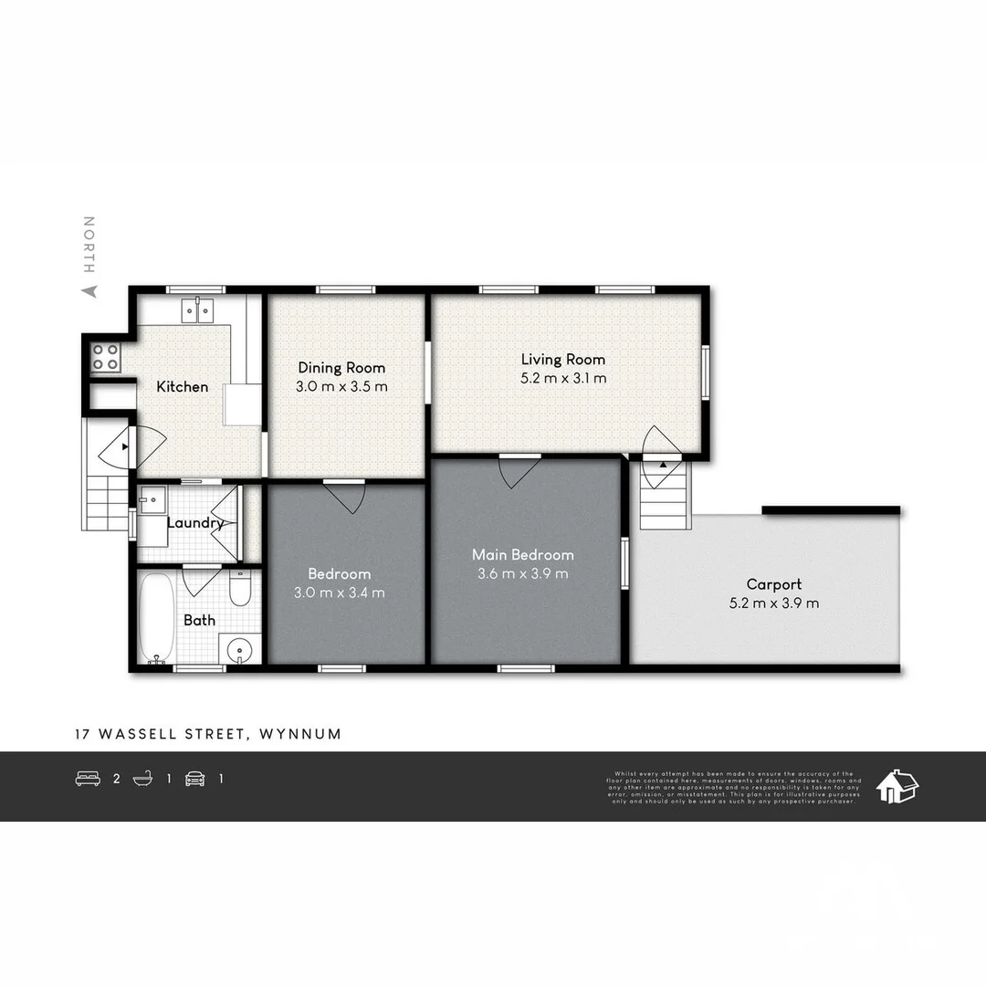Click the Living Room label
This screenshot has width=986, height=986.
562,360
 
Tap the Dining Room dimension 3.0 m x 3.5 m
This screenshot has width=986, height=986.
341,386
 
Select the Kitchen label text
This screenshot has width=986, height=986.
183,387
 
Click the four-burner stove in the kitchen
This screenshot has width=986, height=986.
105,356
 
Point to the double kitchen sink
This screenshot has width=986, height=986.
197,310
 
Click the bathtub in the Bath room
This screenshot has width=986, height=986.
156,616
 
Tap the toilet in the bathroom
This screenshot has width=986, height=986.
240,588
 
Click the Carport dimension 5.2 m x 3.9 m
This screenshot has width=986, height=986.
774,603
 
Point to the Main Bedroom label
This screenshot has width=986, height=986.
522,555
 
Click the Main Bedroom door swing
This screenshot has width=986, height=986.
519,470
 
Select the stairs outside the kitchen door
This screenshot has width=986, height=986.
106,498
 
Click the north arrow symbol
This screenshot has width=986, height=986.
89,291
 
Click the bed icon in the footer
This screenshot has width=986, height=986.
88,779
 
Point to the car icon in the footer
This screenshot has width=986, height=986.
194,779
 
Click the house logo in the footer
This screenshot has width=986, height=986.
897,785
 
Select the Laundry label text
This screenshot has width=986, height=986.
195,523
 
